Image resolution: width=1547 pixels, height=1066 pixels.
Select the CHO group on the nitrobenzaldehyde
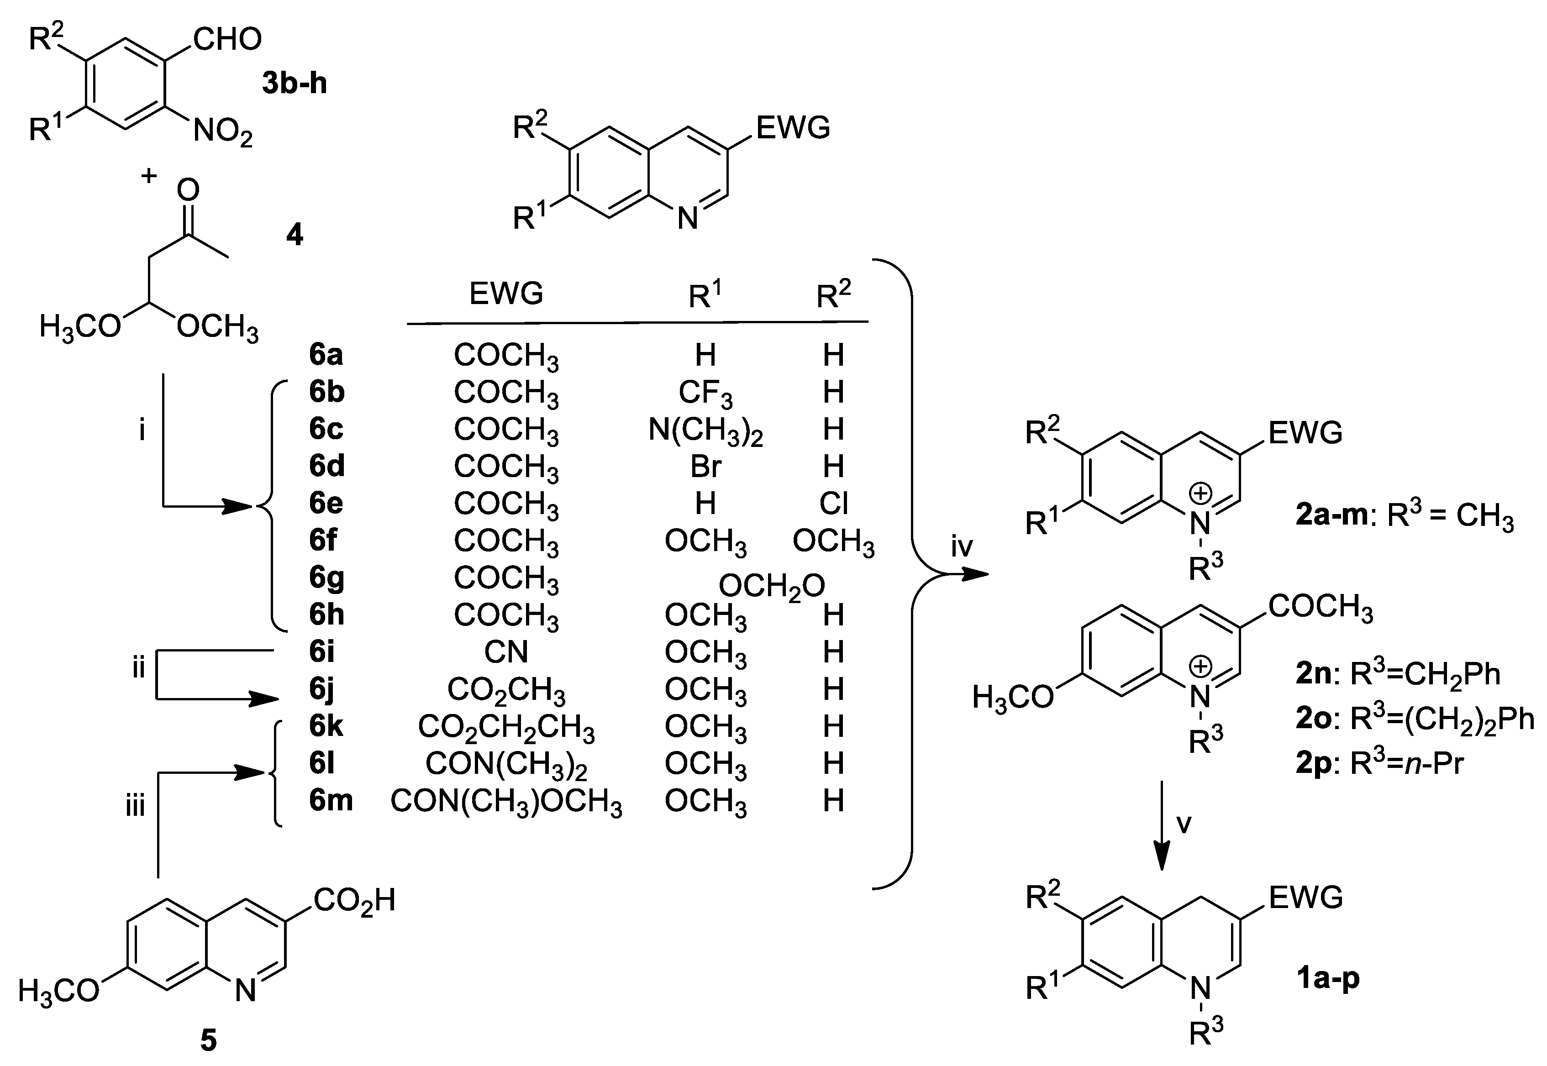click(x=227, y=40)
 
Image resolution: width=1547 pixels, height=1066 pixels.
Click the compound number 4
click(x=294, y=235)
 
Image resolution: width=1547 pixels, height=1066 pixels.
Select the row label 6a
click(x=326, y=355)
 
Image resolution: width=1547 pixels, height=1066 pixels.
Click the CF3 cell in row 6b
click(x=705, y=394)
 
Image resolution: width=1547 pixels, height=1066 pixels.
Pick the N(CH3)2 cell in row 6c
click(x=705, y=431)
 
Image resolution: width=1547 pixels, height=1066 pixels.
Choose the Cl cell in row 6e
click(x=834, y=504)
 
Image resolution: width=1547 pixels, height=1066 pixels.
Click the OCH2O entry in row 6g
click(x=772, y=587)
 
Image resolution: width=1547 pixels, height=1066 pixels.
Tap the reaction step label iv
click(x=962, y=548)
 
